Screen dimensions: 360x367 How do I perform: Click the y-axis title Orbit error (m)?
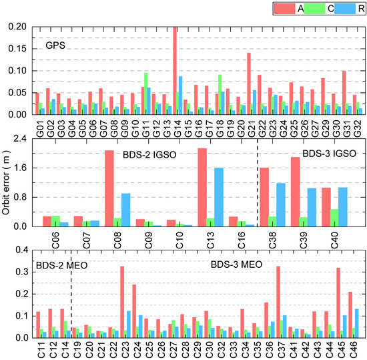pyautogui.click(x=9, y=180)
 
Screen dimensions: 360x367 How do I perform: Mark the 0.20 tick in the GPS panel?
pyautogui.click(x=23, y=27)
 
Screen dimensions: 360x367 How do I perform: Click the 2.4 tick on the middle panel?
pyautogui.click(x=25, y=139)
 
